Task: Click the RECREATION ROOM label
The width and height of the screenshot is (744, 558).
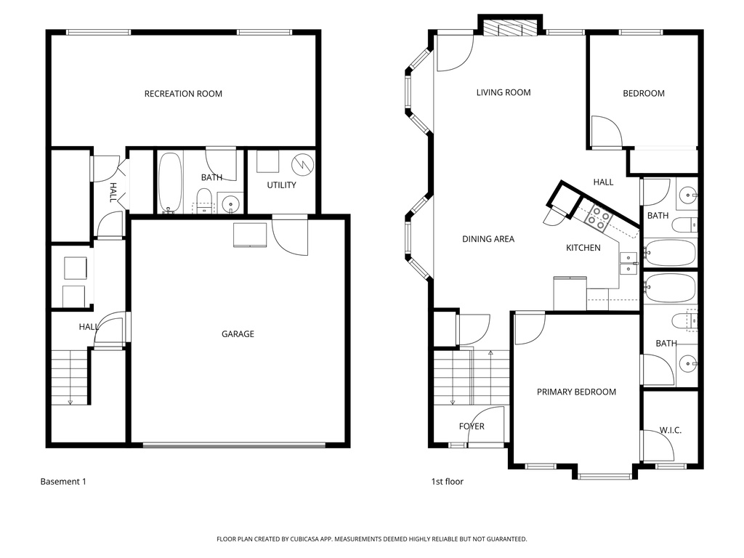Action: point(183,94)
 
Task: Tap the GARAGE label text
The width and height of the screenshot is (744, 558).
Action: point(238,334)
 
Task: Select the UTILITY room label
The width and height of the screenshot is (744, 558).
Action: point(281,185)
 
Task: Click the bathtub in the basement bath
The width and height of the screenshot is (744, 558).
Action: point(170,182)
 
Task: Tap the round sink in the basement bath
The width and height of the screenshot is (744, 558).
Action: point(231,203)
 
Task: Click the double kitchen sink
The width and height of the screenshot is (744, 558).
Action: point(628,263)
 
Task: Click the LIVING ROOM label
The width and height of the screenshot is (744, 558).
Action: point(504,92)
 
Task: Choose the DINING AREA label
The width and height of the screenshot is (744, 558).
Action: point(488,239)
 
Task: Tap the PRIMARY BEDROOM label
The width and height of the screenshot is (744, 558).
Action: point(576,392)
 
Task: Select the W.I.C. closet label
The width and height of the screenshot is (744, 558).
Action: point(670,431)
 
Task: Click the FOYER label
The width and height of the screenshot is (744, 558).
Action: point(472,426)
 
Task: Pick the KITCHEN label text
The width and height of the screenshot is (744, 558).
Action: point(583,248)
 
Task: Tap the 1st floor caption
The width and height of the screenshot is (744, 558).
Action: point(447,482)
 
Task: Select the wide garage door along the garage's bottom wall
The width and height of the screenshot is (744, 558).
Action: point(238,445)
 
